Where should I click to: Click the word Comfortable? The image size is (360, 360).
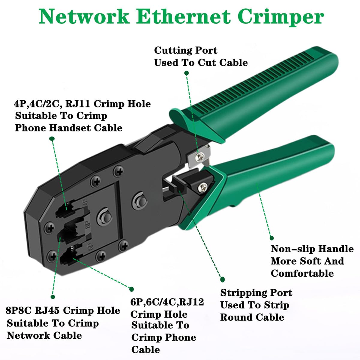[x=302, y=273]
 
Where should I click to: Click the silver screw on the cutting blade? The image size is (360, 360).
[x=200, y=155]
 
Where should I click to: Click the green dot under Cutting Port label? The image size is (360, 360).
[x=186, y=73]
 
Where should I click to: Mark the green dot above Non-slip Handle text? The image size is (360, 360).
[x=271, y=238]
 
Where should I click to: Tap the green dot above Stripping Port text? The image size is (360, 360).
[x=222, y=279]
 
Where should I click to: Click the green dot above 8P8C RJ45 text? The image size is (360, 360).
[x=53, y=297]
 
